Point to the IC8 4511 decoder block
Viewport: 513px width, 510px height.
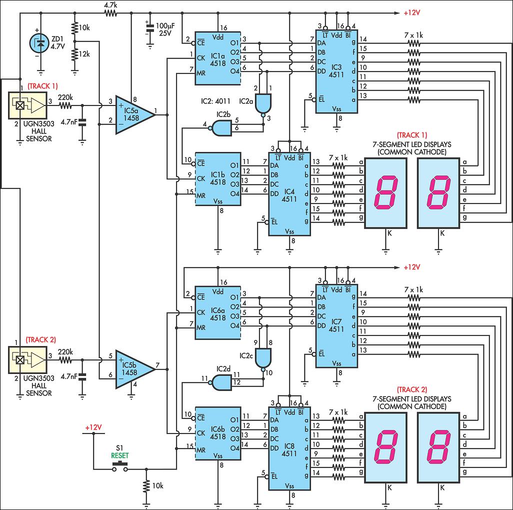click(289, 447)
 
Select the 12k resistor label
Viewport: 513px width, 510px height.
click(84, 53)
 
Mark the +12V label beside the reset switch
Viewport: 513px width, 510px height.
click(93, 428)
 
